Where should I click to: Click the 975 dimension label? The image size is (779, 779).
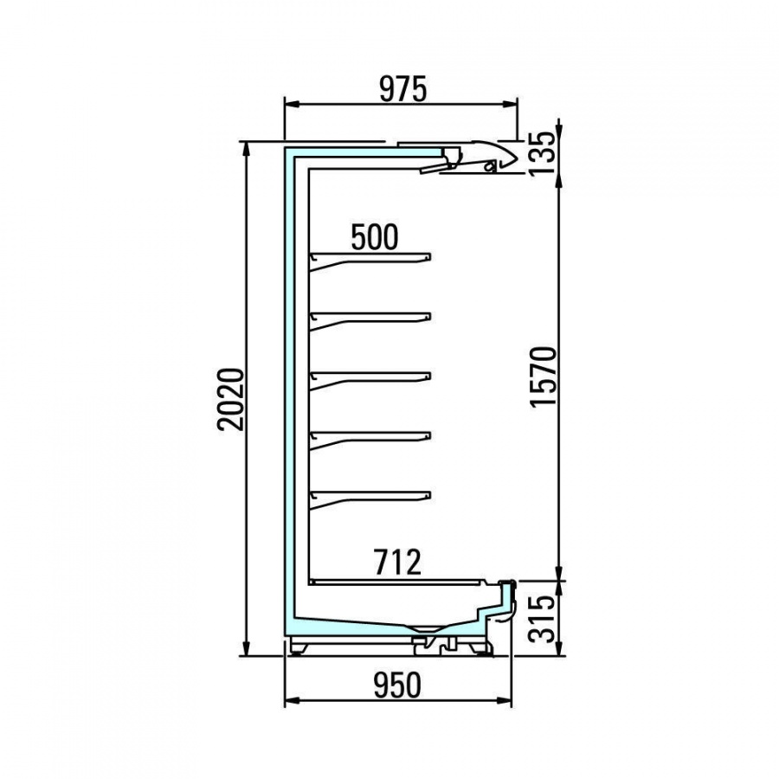pos(402,89)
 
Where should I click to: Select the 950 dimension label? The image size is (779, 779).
pos(397,685)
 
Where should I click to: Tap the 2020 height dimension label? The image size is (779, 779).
pos(232,399)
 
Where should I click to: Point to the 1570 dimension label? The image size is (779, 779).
pos(542,377)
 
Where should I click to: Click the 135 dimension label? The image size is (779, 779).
pos(542,152)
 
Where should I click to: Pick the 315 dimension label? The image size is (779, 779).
pos(542,619)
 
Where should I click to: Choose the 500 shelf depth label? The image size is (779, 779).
pos(375,237)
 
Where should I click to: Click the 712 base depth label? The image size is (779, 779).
pos(397,562)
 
